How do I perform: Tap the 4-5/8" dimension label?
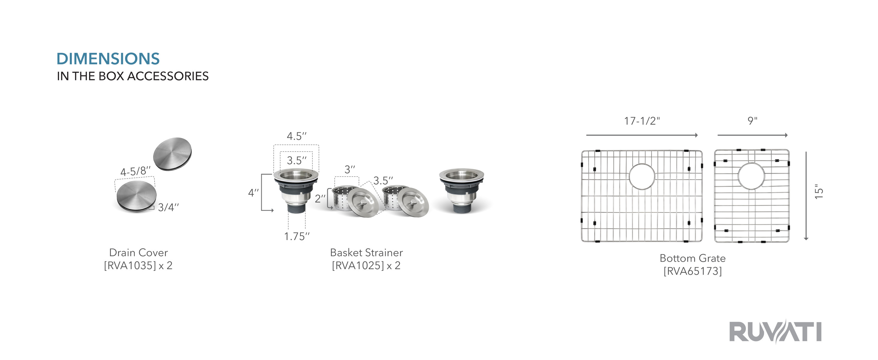[x=135, y=171]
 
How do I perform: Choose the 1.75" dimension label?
[x=297, y=236]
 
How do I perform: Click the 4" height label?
[x=253, y=193]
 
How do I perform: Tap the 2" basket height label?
[x=320, y=198]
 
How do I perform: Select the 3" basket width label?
[x=350, y=169]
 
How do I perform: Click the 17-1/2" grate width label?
[x=642, y=121]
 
